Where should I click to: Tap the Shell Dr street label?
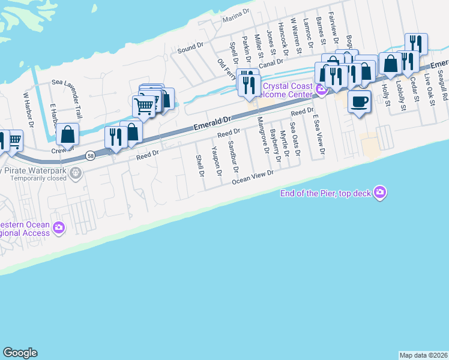[x=200, y=166]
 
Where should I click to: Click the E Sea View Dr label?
[x=319, y=136]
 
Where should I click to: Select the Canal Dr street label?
[x=270, y=65]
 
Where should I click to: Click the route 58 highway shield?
[x=89, y=155]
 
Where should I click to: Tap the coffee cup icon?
[x=359, y=101]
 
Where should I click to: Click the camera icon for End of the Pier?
[x=379, y=193]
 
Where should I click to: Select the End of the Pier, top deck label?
[x=327, y=193]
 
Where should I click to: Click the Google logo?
[x=20, y=353]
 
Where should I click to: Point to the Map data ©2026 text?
[x=423, y=355]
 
